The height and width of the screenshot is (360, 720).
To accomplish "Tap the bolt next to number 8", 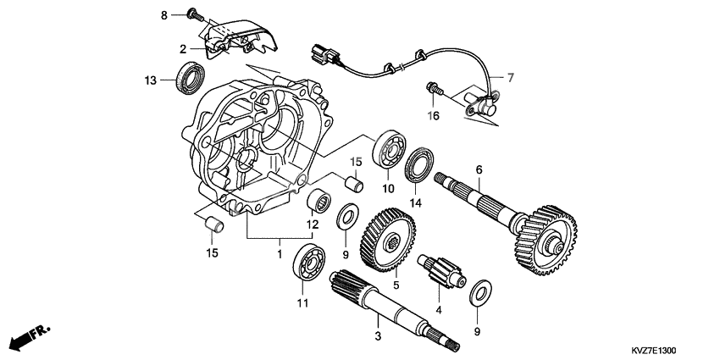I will point(195,14).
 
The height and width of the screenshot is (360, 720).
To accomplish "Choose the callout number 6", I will point(479,170).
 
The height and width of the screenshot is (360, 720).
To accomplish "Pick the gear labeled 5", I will point(389,239).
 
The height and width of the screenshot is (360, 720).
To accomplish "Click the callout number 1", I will point(279,252).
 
